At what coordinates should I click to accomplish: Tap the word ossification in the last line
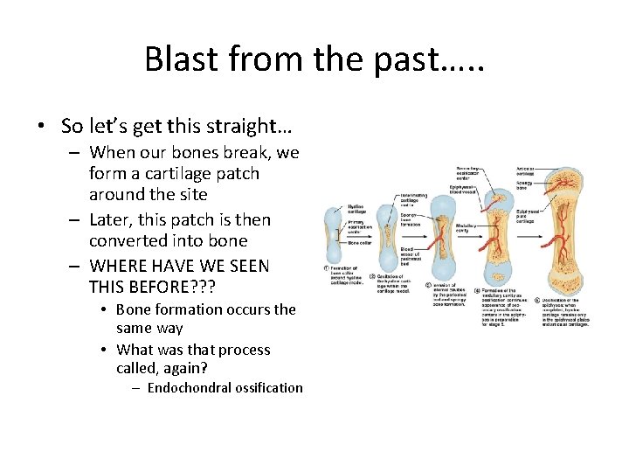(x=266, y=388)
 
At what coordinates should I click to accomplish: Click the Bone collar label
(x=359, y=242)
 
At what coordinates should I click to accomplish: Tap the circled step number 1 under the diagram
(x=326, y=269)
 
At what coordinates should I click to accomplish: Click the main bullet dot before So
(x=42, y=126)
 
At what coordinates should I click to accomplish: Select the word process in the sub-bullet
(x=243, y=350)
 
